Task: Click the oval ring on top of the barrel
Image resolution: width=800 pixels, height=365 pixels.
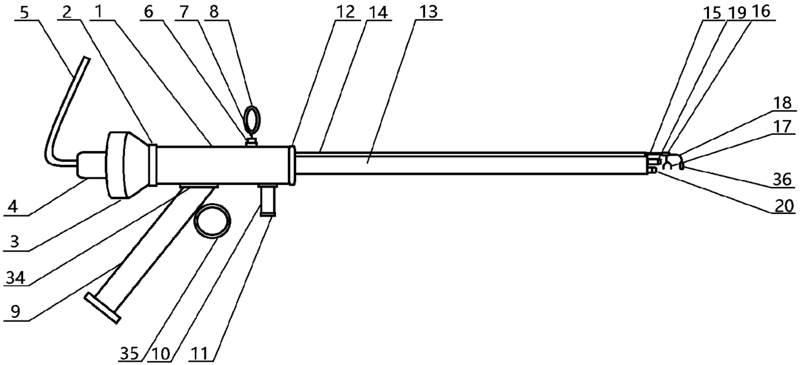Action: tap(251, 119)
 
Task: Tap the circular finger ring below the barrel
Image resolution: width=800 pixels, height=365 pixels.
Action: tap(212, 221)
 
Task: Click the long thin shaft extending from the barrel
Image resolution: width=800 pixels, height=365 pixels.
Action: tap(471, 164)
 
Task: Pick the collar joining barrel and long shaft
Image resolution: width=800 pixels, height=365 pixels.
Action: tap(292, 165)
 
